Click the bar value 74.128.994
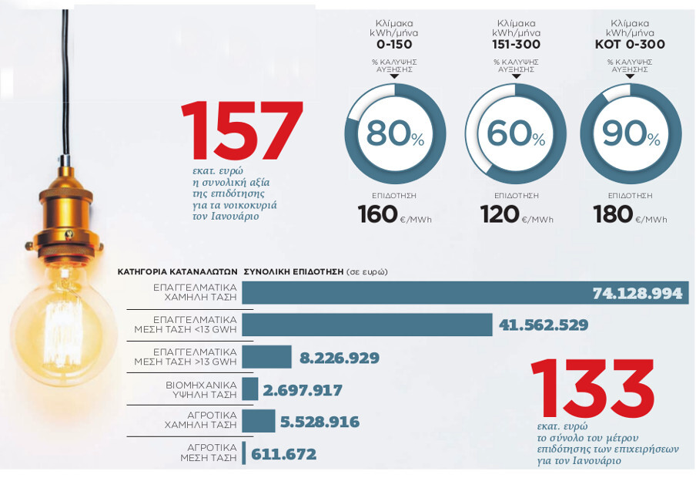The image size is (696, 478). [x=637, y=294]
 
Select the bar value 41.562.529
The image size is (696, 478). [x=543, y=325]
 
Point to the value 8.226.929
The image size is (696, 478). [x=339, y=358]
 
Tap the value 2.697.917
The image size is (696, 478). [x=303, y=390]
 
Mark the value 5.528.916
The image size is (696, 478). [x=319, y=422]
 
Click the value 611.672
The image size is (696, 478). [x=283, y=454]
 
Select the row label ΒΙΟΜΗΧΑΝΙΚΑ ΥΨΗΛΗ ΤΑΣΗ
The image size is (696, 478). [x=196, y=389]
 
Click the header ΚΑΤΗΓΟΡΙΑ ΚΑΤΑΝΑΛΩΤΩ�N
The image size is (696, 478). [x=177, y=271]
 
